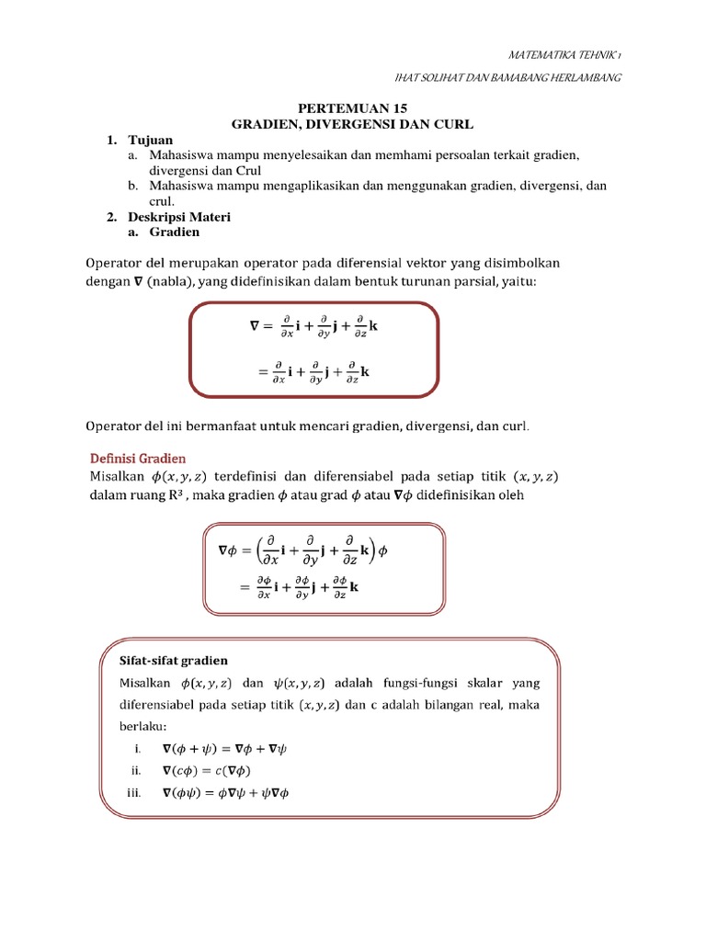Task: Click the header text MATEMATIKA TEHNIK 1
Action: click(x=564, y=55)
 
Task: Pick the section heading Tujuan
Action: click(x=151, y=140)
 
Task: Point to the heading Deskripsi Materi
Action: click(x=179, y=217)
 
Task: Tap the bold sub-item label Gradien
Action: click(x=175, y=233)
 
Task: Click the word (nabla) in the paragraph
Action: click(x=170, y=281)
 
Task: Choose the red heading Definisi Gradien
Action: click(x=137, y=458)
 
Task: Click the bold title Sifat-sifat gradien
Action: click(x=175, y=661)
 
